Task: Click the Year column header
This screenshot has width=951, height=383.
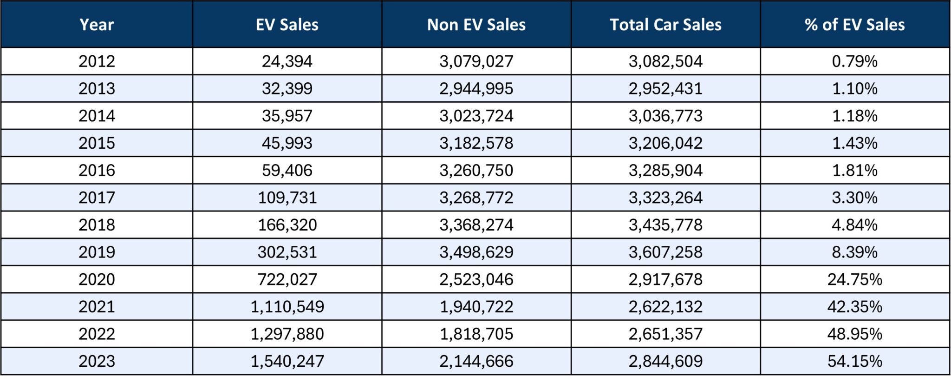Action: point(97,25)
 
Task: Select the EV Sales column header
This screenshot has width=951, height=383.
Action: point(287,25)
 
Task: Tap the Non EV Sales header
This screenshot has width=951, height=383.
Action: point(476,25)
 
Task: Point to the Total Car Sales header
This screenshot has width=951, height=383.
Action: point(665,25)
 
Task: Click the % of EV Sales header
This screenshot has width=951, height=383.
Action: point(854,25)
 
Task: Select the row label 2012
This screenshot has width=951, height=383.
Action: point(97,61)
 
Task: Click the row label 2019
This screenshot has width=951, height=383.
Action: point(97,252)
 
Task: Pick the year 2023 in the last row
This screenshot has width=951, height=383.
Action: point(97,361)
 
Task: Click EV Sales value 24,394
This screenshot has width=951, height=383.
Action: point(287,61)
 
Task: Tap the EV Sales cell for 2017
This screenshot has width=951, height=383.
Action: point(287,198)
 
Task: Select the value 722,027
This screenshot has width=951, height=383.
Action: point(287,279)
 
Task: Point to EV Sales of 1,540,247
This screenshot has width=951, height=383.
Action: point(287,361)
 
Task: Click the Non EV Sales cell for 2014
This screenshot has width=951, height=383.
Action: point(476,116)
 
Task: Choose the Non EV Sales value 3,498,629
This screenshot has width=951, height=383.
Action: point(476,252)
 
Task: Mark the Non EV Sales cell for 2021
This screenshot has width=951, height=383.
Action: point(476,307)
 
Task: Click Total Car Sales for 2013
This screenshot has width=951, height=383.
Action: point(665,88)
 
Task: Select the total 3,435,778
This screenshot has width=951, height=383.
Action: point(665,225)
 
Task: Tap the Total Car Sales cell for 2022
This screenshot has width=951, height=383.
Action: point(665,334)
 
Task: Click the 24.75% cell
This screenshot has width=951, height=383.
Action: point(854,279)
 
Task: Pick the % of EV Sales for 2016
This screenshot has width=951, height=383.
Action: point(854,170)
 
